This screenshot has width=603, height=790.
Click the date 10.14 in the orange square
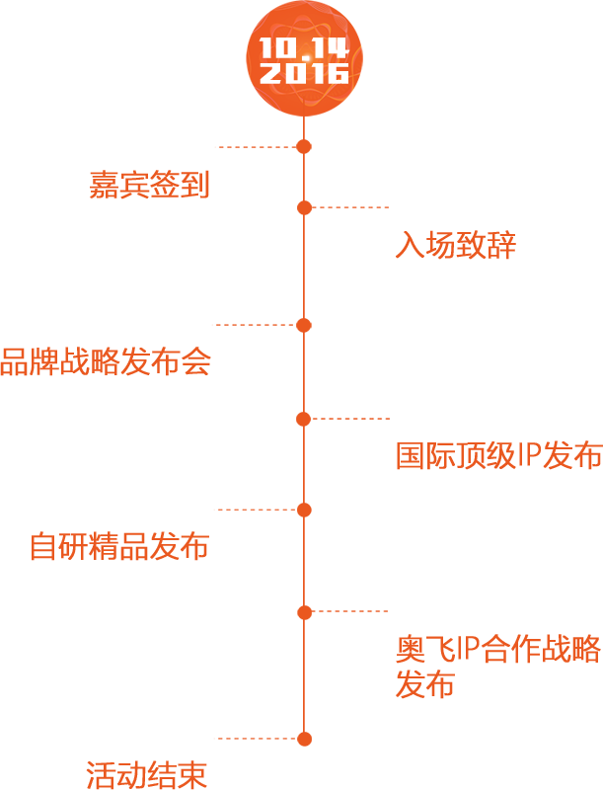point(304,47)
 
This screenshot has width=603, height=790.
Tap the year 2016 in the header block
point(304,73)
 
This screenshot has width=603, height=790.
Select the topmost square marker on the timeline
point(304,147)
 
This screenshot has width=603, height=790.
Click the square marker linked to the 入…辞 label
point(304,207)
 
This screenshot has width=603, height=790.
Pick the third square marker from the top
point(304,325)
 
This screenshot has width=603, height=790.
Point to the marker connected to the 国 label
point(304,419)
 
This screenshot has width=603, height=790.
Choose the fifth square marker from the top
point(304,510)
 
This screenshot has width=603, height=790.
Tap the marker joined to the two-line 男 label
point(304,612)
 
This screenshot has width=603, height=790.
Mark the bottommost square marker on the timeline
point(304,739)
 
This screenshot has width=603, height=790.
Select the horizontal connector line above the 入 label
point(350,207)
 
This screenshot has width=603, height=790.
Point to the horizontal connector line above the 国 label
point(350,419)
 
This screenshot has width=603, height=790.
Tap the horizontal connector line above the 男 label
point(350,612)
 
